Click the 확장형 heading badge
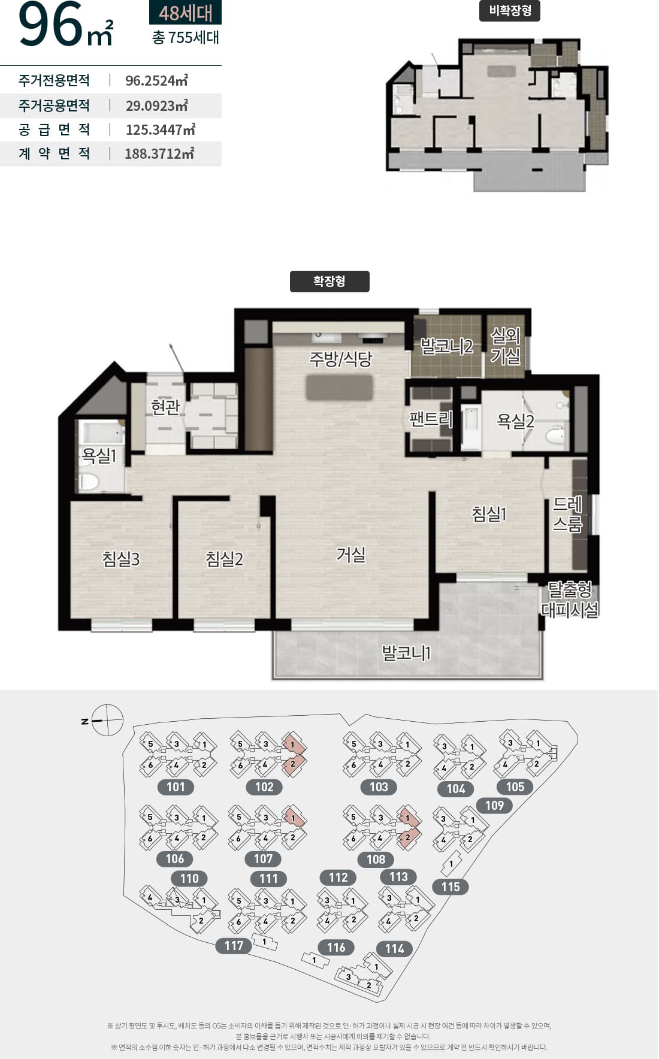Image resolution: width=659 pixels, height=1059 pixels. click(329, 282)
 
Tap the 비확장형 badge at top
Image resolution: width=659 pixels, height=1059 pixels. click(510, 11)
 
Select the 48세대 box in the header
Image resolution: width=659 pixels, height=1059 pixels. click(185, 12)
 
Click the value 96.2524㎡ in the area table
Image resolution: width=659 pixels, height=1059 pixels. click(157, 80)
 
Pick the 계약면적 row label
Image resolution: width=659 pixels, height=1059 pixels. click(55, 153)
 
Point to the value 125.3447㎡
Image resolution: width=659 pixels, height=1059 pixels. click(161, 129)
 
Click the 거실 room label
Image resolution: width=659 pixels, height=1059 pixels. click(351, 554)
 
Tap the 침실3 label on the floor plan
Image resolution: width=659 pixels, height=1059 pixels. click(121, 559)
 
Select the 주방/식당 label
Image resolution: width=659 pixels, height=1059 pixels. click(341, 359)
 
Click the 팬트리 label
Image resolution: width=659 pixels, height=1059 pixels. click(431, 419)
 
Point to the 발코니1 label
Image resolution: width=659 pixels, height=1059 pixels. click(407, 652)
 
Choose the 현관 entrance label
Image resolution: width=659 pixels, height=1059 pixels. click(165, 407)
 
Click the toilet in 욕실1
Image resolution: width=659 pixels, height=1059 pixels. click(89, 482)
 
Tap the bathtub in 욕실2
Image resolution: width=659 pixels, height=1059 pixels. click(471, 427)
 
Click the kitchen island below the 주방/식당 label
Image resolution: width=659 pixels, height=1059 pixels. click(339, 388)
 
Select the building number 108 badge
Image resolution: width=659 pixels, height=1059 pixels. click(376, 859)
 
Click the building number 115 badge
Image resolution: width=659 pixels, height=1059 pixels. click(451, 887)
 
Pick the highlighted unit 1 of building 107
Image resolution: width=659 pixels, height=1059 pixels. click(293, 817)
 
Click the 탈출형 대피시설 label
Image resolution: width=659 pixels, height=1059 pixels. click(570, 600)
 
